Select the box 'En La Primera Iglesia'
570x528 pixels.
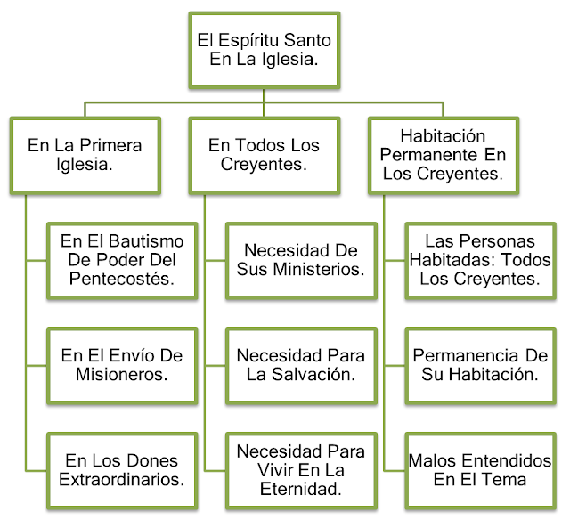(x=85, y=154)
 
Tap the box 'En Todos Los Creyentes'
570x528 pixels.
(x=264, y=154)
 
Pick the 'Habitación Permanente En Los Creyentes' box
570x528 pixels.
(x=443, y=154)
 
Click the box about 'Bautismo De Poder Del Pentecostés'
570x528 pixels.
(x=122, y=260)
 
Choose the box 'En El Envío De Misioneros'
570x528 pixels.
(x=122, y=364)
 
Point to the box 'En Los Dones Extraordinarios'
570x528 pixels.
(x=122, y=469)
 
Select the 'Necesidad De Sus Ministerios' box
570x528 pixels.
(x=301, y=260)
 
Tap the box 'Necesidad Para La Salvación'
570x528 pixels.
(x=301, y=364)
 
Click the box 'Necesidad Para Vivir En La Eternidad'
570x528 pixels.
(x=301, y=469)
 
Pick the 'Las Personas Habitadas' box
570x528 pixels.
(x=480, y=260)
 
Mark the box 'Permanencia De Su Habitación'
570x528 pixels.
(x=480, y=364)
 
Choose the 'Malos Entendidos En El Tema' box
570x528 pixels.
(x=480, y=469)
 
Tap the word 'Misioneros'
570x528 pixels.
(x=123, y=374)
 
